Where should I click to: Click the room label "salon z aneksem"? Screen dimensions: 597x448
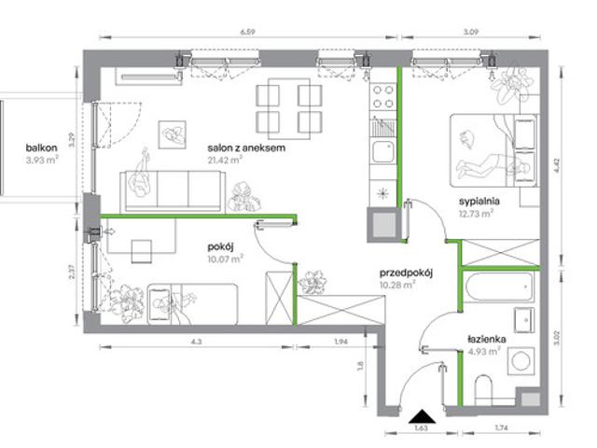pyautogui.click(x=246, y=147)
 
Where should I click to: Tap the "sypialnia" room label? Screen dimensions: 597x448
pyautogui.click(x=479, y=202)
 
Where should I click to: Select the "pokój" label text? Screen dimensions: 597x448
pyautogui.click(x=220, y=247)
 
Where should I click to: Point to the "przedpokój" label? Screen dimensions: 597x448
pyautogui.click(x=406, y=273)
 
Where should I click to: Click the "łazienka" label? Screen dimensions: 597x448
pyautogui.click(x=487, y=339)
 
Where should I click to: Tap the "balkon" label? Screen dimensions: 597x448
pyautogui.click(x=41, y=147)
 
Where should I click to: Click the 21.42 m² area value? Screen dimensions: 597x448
pyautogui.click(x=225, y=160)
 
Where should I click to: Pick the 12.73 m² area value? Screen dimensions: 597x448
pyautogui.click(x=476, y=214)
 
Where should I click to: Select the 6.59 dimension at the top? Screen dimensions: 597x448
pyautogui.click(x=247, y=32)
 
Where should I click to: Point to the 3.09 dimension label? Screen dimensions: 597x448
pyautogui.click(x=470, y=32)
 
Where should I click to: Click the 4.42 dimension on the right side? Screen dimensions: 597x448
pyautogui.click(x=557, y=165)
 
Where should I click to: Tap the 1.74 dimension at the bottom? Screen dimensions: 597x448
pyautogui.click(x=502, y=428)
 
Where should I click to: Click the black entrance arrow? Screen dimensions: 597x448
pyautogui.click(x=422, y=417)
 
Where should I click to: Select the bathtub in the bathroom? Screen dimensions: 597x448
pyautogui.click(x=498, y=287)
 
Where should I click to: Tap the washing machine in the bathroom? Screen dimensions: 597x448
pyautogui.click(x=521, y=360)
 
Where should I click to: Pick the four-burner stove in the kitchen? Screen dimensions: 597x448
pyautogui.click(x=383, y=97)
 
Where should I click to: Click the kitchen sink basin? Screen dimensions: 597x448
pyautogui.click(x=383, y=151)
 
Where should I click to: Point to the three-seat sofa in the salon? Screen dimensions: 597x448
pyautogui.click(x=171, y=190)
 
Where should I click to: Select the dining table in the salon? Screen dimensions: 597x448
pyautogui.click(x=289, y=108)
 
